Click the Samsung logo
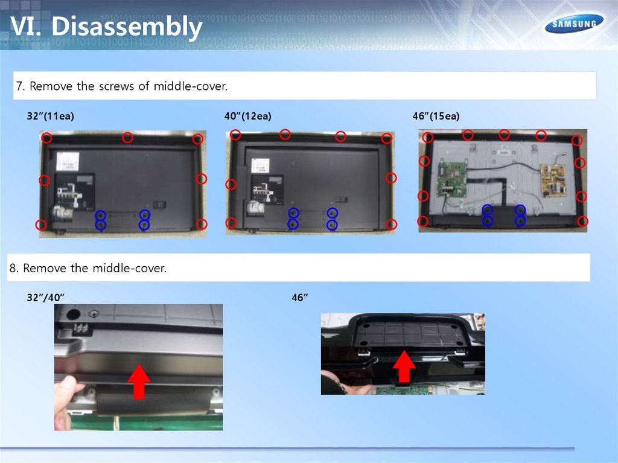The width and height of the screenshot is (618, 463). (x=575, y=24)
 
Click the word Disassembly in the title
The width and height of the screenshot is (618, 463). (x=127, y=27)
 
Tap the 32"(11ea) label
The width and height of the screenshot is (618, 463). (x=51, y=116)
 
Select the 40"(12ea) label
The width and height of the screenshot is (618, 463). (x=248, y=116)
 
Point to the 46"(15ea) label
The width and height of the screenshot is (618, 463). (x=436, y=116)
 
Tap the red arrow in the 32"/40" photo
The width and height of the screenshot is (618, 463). (x=139, y=382)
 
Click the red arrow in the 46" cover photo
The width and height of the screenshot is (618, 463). (x=404, y=366)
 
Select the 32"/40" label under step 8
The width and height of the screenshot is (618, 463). (x=45, y=298)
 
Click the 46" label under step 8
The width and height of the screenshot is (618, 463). (x=299, y=298)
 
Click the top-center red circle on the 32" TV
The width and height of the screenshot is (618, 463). (x=127, y=138)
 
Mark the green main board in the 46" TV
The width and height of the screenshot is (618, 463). (x=451, y=179)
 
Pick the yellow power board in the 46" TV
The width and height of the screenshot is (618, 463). (x=555, y=181)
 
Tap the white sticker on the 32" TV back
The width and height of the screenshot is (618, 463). (x=68, y=161)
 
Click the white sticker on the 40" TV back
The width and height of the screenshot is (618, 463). (x=261, y=165)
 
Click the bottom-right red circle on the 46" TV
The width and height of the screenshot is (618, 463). (x=582, y=222)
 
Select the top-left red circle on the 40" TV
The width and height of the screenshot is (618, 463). (x=235, y=135)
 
